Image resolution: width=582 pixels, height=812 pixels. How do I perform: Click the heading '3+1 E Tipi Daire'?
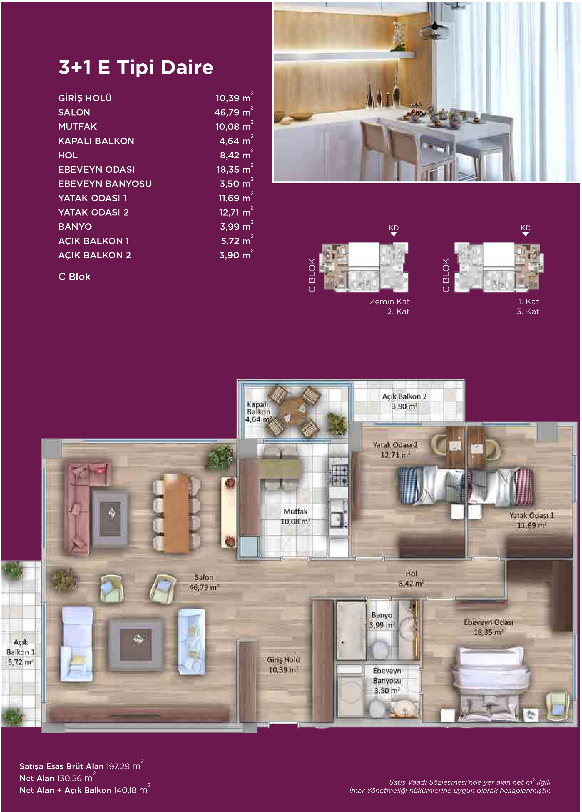click(x=136, y=67)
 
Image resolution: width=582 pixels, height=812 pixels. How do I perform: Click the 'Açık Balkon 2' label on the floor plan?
click(x=404, y=396)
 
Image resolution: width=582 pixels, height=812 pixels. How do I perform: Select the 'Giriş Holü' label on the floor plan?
click(x=283, y=660)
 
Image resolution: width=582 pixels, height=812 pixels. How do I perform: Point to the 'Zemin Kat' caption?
click(x=390, y=301)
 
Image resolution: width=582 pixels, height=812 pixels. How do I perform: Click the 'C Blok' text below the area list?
click(x=74, y=277)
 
